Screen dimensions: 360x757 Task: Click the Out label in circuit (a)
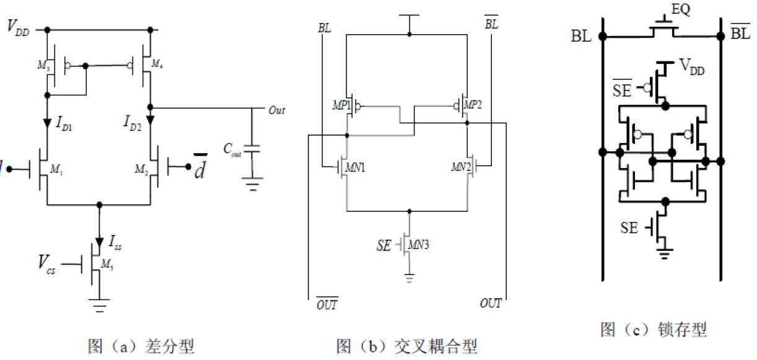276,110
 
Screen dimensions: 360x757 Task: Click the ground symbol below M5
100,305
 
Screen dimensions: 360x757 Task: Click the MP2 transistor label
474,105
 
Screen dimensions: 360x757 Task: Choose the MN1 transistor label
356,167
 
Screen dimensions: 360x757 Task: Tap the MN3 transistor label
422,244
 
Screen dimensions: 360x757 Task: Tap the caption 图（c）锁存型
653,330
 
